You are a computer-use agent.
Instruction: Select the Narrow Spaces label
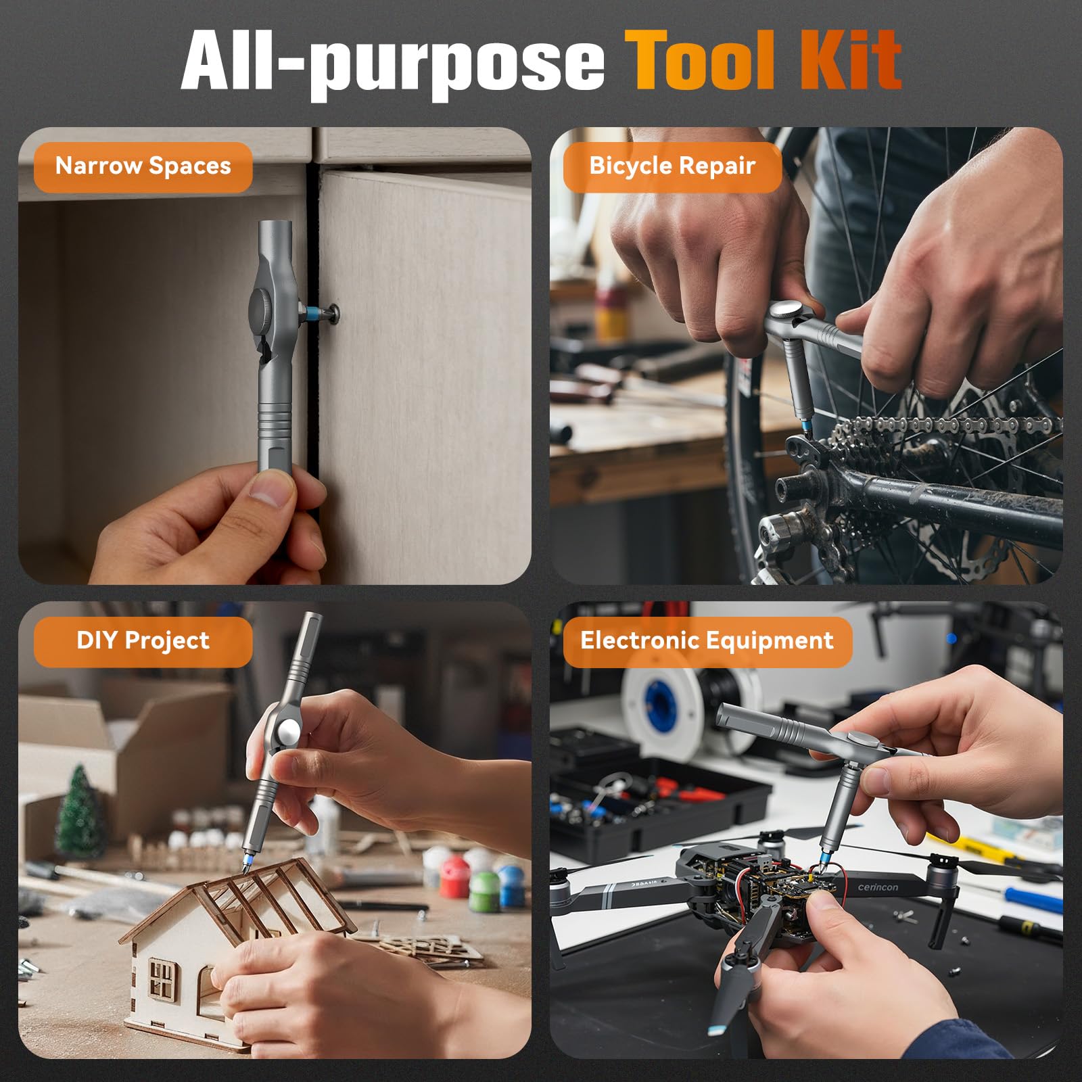(x=143, y=166)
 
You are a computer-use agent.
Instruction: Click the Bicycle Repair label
(x=672, y=166)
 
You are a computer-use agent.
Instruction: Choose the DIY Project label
(x=143, y=641)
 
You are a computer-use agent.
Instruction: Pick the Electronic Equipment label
(x=707, y=641)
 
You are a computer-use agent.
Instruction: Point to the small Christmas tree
(x=80, y=811)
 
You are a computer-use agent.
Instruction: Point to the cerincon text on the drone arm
(x=878, y=887)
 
